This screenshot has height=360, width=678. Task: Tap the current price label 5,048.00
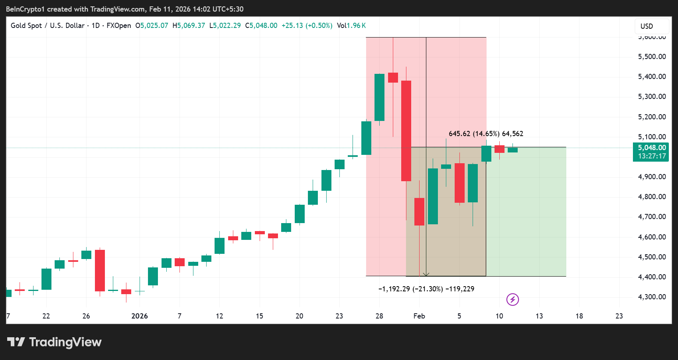651,148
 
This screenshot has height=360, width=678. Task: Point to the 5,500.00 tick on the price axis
652,57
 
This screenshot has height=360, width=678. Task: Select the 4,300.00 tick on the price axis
652,297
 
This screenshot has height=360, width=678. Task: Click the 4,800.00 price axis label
652,197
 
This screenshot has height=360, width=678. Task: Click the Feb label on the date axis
419,316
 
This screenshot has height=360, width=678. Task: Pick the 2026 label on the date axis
140,316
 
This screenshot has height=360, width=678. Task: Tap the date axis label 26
86,316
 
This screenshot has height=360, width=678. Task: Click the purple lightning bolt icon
512,299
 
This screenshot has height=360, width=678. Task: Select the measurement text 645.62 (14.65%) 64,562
486,134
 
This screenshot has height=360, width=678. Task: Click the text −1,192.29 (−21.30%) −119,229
426,289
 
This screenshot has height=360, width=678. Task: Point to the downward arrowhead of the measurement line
426,275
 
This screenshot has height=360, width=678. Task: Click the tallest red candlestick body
406,131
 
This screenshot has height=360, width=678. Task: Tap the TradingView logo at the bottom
54,342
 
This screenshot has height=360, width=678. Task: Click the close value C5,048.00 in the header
261,26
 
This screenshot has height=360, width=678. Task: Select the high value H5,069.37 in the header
189,26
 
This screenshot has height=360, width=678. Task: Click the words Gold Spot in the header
26,26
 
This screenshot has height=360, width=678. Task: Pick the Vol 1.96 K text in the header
351,26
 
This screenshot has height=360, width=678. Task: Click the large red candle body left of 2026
100,270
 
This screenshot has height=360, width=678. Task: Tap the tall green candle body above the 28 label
379,97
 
